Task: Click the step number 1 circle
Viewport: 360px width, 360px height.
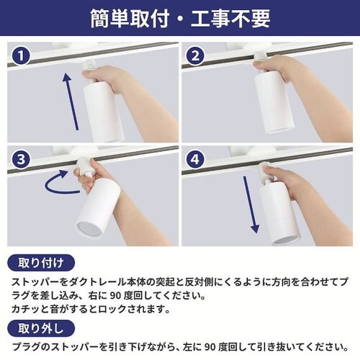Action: pyautogui.click(x=21, y=56)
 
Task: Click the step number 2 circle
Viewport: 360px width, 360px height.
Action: pyautogui.click(x=196, y=56)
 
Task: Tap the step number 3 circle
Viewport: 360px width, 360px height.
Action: pyautogui.click(x=21, y=159)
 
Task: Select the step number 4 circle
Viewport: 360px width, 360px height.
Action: pyautogui.click(x=196, y=159)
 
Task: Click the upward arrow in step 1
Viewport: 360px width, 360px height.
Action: pyautogui.click(x=71, y=102)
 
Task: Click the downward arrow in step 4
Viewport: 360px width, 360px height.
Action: pyautogui.click(x=251, y=204)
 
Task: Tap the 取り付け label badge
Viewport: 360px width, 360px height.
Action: pyautogui.click(x=41, y=263)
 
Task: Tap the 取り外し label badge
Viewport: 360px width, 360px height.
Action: pyautogui.click(x=41, y=328)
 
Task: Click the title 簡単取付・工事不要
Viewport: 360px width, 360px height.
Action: pyautogui.click(x=180, y=19)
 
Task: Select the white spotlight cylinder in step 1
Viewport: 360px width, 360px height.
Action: pyautogui.click(x=103, y=112)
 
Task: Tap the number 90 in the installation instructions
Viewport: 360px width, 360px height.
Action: pyautogui.click(x=115, y=296)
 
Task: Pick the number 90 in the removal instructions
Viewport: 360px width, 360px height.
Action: pyautogui.click(x=210, y=347)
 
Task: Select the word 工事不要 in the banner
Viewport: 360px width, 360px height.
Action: pyautogui.click(x=230, y=19)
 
